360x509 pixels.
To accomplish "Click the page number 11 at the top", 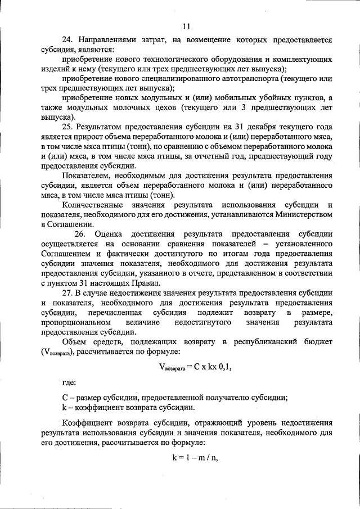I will click(x=186, y=26).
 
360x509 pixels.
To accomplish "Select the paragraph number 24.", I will click(x=67, y=40).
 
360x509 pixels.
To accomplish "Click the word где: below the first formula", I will click(x=69, y=383).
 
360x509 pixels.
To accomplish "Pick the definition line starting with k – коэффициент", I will click(x=129, y=407).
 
